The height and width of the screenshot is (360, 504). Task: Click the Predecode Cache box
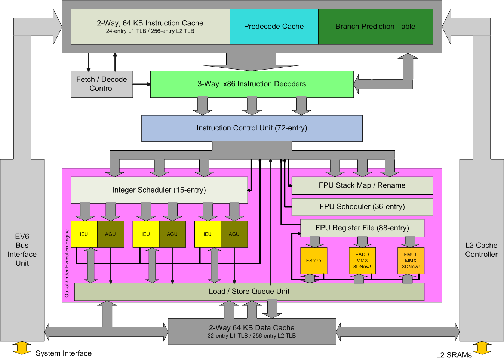[274, 27]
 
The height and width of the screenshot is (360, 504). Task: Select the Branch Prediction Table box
[375, 27]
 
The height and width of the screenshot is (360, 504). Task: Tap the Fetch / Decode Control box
[102, 84]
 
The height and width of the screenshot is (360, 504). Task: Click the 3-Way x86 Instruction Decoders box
[252, 84]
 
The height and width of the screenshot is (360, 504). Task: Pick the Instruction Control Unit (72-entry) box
[252, 128]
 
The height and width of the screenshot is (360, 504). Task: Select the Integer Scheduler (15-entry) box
[159, 190]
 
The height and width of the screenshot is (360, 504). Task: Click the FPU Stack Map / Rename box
[362, 185]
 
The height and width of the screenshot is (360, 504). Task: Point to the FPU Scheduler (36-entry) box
[362, 207]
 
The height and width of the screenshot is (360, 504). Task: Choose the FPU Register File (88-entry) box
[362, 228]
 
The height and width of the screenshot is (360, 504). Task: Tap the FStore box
[314, 261]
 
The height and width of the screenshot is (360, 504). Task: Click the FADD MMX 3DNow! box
[362, 261]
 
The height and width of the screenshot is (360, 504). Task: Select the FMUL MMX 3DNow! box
[411, 261]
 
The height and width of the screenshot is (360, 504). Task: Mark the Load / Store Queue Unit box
[249, 292]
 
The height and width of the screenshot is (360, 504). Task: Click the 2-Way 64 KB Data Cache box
[252, 331]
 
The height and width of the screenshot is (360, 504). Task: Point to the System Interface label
[64, 353]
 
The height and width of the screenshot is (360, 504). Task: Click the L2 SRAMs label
[454, 355]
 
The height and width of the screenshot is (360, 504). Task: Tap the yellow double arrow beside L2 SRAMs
[482, 348]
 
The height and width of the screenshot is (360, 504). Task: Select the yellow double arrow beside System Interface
[22, 348]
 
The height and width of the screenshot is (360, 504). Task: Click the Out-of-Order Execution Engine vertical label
[67, 263]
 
